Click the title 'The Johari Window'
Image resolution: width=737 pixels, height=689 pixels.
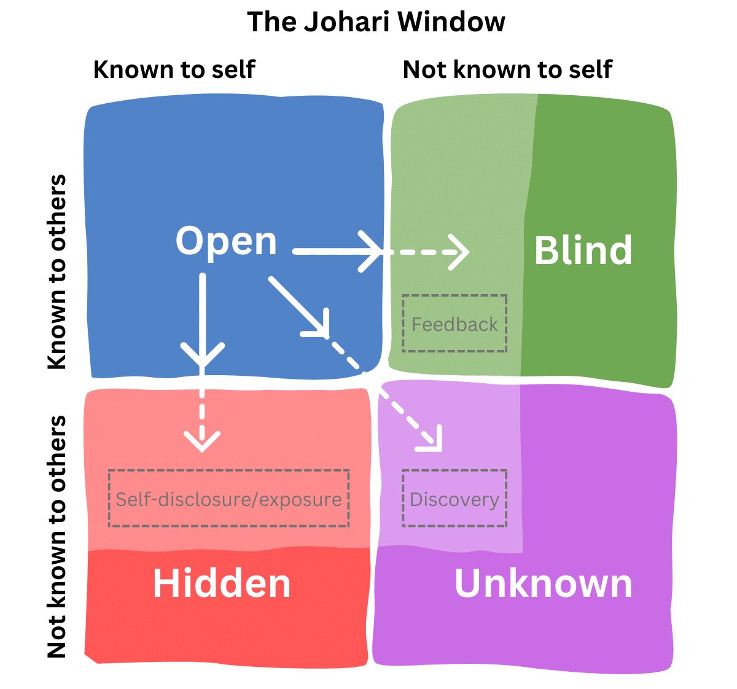pos(376,22)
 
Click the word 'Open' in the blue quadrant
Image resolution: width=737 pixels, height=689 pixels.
pos(226,241)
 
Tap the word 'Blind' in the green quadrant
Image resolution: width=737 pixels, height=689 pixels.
pos(583,251)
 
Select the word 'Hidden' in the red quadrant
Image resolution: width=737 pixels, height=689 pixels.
pos(221,583)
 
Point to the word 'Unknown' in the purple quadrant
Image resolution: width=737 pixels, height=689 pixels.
pos(543,583)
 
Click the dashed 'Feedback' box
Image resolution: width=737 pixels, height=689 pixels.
pos(454,324)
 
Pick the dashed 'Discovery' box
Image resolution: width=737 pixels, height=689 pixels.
pos(454,499)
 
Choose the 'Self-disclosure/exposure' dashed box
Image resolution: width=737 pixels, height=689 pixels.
pos(228,499)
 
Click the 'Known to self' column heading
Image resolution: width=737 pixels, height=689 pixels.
pos(174,69)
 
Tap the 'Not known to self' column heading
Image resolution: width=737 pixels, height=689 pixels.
pos(507,69)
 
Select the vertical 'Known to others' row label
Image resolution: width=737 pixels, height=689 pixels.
pos(57,271)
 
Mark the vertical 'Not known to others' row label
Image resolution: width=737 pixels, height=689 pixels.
pos(57,537)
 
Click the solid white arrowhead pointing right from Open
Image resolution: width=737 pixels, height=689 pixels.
pos(373,252)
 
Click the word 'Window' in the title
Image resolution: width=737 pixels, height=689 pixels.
pos(451,22)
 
